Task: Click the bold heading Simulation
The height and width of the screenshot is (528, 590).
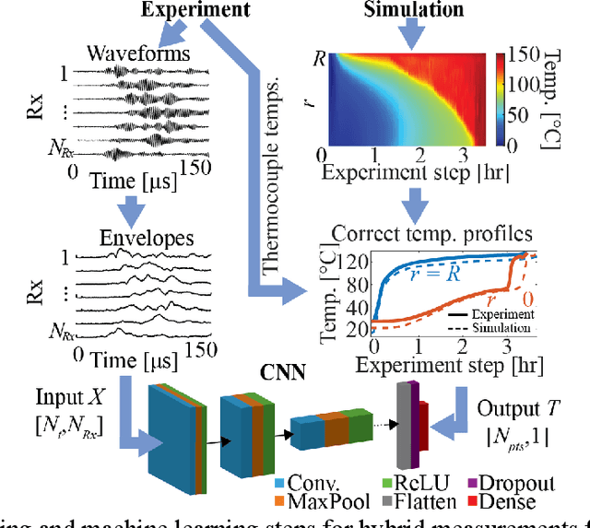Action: pyautogui.click(x=414, y=10)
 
